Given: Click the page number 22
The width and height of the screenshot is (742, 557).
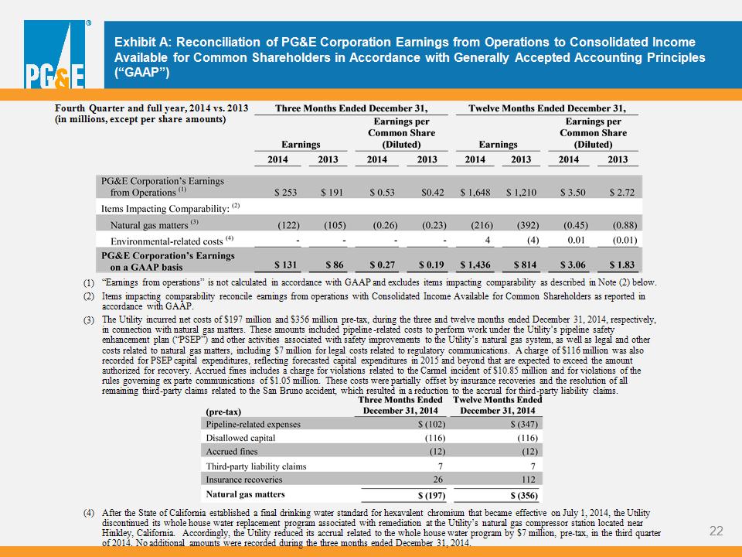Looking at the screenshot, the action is [x=716, y=531].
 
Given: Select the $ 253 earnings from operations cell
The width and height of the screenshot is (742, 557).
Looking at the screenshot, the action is [x=286, y=193].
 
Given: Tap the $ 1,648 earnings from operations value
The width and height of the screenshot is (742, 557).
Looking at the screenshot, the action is [x=475, y=193].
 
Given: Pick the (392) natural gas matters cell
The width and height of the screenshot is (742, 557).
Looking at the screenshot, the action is [x=528, y=225].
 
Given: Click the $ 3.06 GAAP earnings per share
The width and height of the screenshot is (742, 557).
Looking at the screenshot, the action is [x=573, y=265].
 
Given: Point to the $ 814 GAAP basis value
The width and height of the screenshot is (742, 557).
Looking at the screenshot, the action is [x=526, y=265].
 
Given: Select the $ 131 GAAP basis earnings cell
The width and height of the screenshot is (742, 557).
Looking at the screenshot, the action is [x=286, y=265].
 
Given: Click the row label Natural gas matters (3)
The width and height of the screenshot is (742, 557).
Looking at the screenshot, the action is [x=155, y=224].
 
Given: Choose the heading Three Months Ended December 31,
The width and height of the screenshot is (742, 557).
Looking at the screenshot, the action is [x=351, y=108].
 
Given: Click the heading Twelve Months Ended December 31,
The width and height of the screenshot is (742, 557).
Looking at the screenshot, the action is [x=547, y=108].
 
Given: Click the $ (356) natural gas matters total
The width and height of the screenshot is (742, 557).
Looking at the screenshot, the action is [x=524, y=495].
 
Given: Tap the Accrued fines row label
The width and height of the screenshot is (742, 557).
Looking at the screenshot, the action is [x=232, y=451].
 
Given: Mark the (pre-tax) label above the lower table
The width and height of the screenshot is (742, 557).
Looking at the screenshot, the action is [x=223, y=412].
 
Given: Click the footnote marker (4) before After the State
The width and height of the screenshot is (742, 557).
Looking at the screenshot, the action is [x=89, y=513].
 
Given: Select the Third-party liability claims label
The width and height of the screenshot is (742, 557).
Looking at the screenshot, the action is [x=256, y=466].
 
